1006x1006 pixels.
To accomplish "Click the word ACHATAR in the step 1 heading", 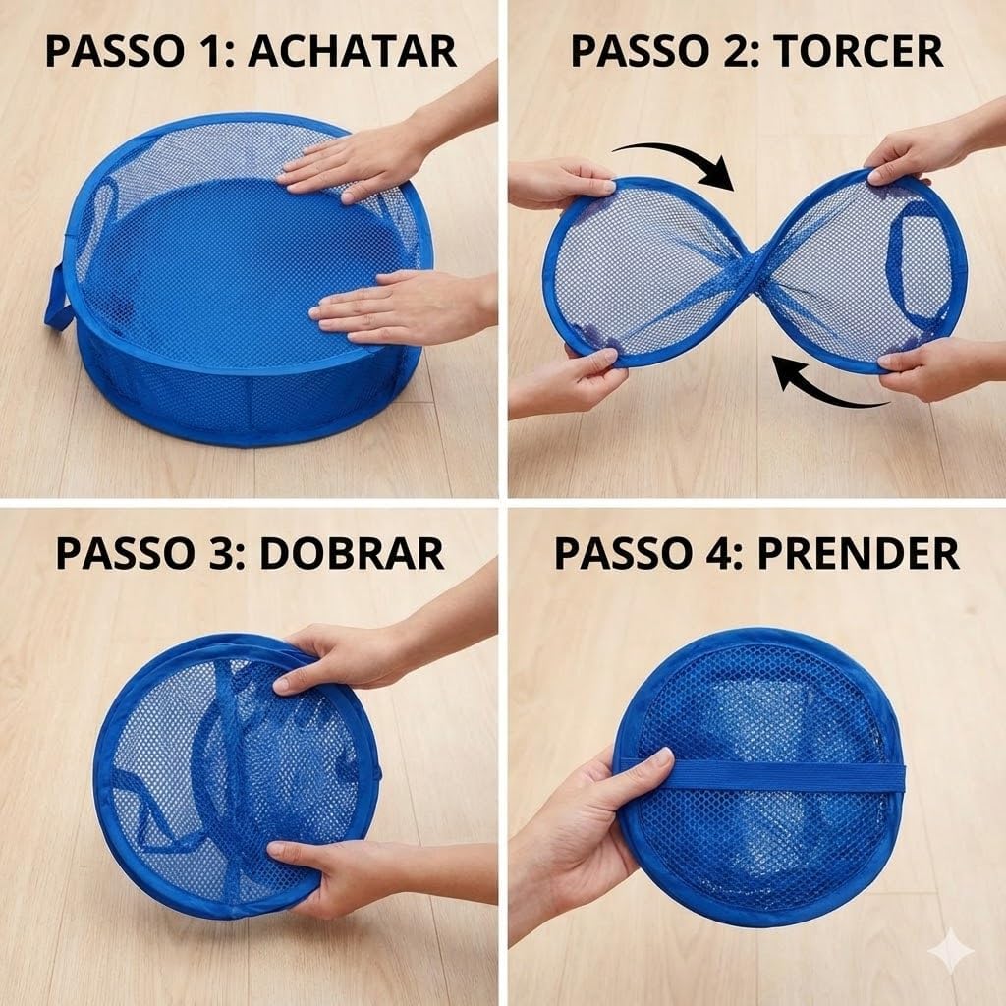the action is click(353, 51).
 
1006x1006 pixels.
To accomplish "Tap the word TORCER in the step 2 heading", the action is click(859, 51).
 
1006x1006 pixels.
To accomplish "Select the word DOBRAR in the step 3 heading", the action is click(352, 553).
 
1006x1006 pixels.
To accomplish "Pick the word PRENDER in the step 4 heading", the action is click(859, 553).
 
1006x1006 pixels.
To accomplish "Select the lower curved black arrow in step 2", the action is click(827, 385).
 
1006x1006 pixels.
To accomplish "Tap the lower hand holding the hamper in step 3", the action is click(360, 872).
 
